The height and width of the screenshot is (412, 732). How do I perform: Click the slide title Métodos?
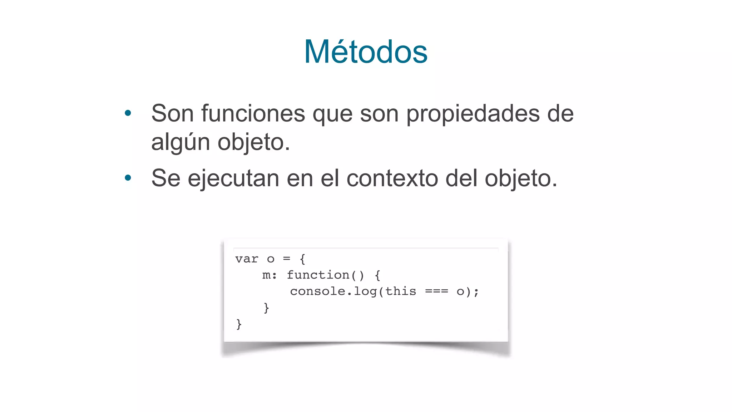click(x=366, y=52)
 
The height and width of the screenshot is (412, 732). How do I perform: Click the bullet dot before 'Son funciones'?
click(x=128, y=113)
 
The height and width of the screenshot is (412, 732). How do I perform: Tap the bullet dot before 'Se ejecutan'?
click(x=128, y=178)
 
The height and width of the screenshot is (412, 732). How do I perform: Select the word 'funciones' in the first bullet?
click(x=253, y=113)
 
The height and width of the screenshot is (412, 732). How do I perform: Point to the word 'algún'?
click(x=180, y=142)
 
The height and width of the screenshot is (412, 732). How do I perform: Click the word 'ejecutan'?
click(x=233, y=178)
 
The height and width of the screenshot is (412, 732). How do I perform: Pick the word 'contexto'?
click(x=392, y=178)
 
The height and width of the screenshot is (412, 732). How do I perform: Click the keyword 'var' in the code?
click(x=247, y=259)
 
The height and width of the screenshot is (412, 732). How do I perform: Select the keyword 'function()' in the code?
click(x=325, y=275)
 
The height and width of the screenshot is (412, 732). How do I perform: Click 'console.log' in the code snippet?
click(x=333, y=291)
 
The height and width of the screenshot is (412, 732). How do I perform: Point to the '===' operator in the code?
click(x=436, y=291)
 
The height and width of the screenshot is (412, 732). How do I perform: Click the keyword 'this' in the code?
click(x=401, y=291)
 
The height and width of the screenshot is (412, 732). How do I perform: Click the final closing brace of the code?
click(x=239, y=324)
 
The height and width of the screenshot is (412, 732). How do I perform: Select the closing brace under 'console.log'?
click(x=266, y=308)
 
